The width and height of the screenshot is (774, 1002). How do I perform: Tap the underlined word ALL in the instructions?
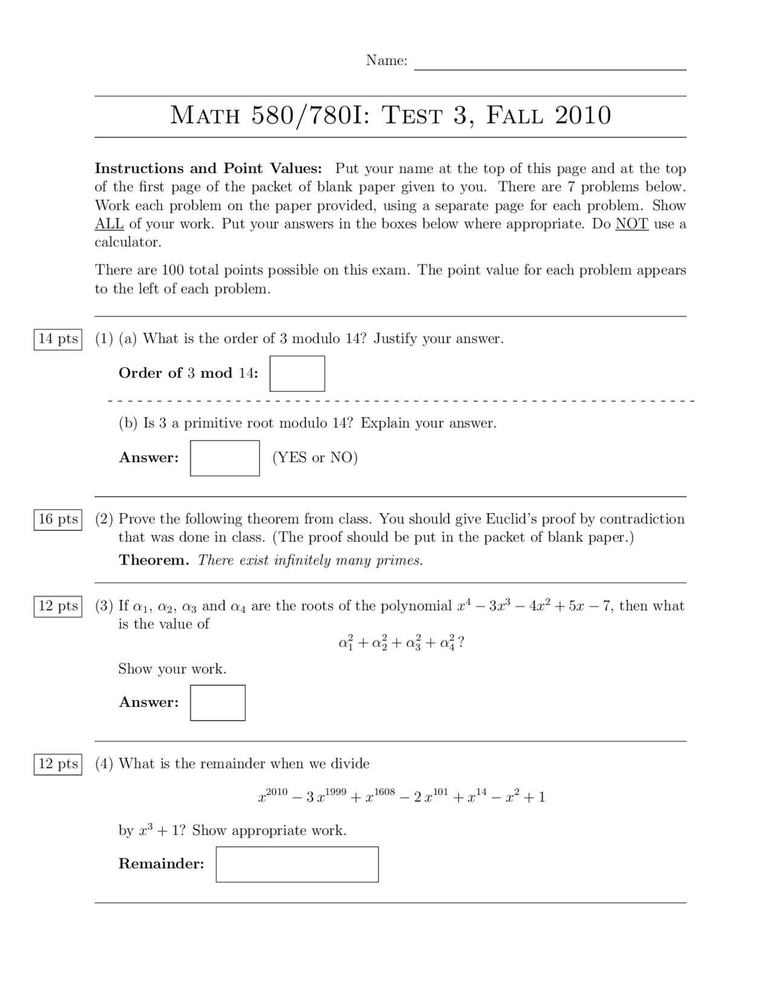(109, 224)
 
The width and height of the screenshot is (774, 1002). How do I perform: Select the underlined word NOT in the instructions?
(631, 224)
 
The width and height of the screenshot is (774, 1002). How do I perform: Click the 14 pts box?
(58, 339)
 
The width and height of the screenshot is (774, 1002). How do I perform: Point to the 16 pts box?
(58, 519)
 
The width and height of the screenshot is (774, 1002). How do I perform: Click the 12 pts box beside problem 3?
(58, 606)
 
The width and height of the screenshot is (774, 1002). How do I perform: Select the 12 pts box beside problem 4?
(58, 764)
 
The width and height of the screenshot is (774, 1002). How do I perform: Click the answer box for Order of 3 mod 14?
(297, 373)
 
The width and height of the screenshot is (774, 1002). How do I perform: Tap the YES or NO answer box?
(225, 458)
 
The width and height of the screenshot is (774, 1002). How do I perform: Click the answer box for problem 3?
(218, 702)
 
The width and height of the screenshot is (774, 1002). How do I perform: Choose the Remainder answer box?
(297, 864)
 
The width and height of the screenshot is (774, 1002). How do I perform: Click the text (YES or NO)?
(315, 458)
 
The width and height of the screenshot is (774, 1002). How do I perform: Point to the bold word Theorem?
(154, 560)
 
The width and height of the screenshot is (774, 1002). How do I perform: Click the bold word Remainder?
(161, 864)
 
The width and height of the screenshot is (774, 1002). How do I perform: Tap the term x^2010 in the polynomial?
(273, 796)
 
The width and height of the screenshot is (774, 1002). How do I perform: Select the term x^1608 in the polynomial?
(380, 796)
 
